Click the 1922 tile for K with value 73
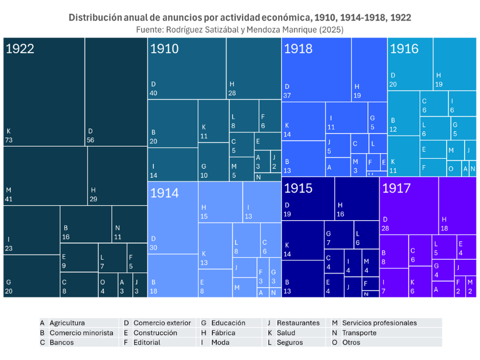point(44,92)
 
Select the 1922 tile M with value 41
point(45,175)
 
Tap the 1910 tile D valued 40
point(186,68)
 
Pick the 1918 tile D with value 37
point(316,69)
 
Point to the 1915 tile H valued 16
point(357,198)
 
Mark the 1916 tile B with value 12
point(403,112)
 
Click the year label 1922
point(19,49)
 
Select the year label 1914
point(164,193)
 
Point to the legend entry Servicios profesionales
point(378,323)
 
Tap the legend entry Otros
point(350,342)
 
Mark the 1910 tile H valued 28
point(253,68)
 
